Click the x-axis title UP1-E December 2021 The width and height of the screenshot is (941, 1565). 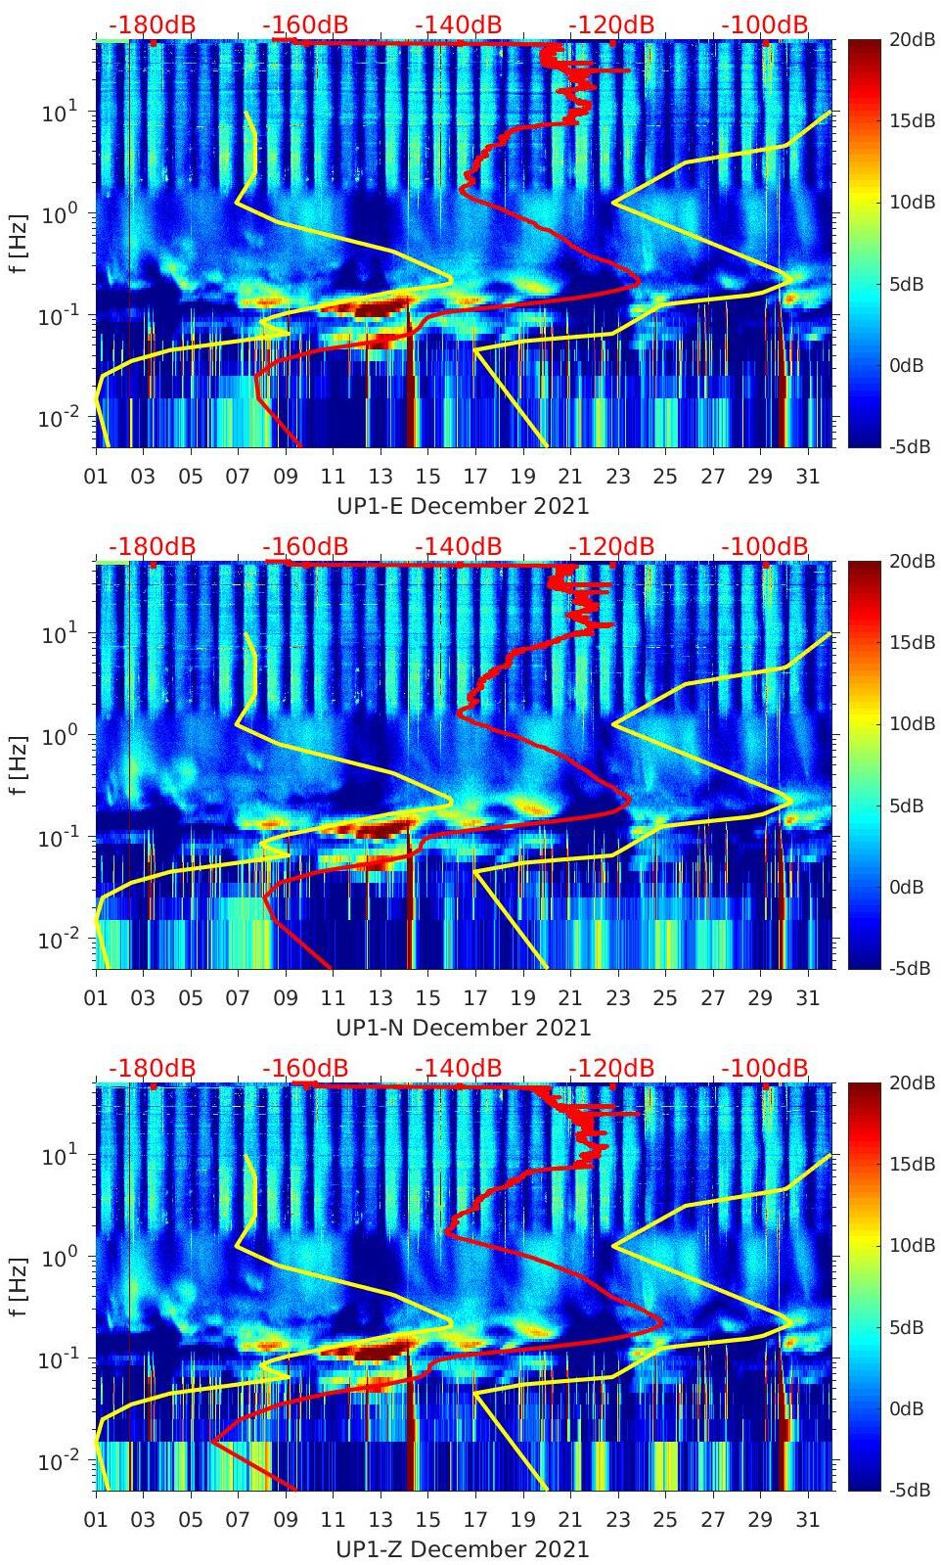(x=463, y=506)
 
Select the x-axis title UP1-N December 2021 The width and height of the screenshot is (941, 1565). (x=463, y=1028)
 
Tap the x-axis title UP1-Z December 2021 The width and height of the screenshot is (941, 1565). (x=463, y=1549)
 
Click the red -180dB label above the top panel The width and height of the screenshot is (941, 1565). (x=152, y=25)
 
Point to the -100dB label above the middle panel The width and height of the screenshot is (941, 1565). (x=765, y=546)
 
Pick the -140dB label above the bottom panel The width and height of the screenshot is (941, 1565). (x=458, y=1068)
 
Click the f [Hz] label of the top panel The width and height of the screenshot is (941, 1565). (x=20, y=244)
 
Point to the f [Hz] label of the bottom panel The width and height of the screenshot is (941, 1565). (x=20, y=1287)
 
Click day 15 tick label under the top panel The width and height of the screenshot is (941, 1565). (x=427, y=478)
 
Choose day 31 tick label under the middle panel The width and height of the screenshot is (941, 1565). (x=807, y=999)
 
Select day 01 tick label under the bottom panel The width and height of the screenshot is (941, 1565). (x=96, y=1521)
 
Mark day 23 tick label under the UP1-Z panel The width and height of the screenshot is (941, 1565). (x=617, y=1521)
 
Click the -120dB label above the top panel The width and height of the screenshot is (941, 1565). (x=611, y=25)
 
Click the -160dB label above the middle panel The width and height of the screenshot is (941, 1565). (x=305, y=546)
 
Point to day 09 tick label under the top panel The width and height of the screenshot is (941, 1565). (x=286, y=478)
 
